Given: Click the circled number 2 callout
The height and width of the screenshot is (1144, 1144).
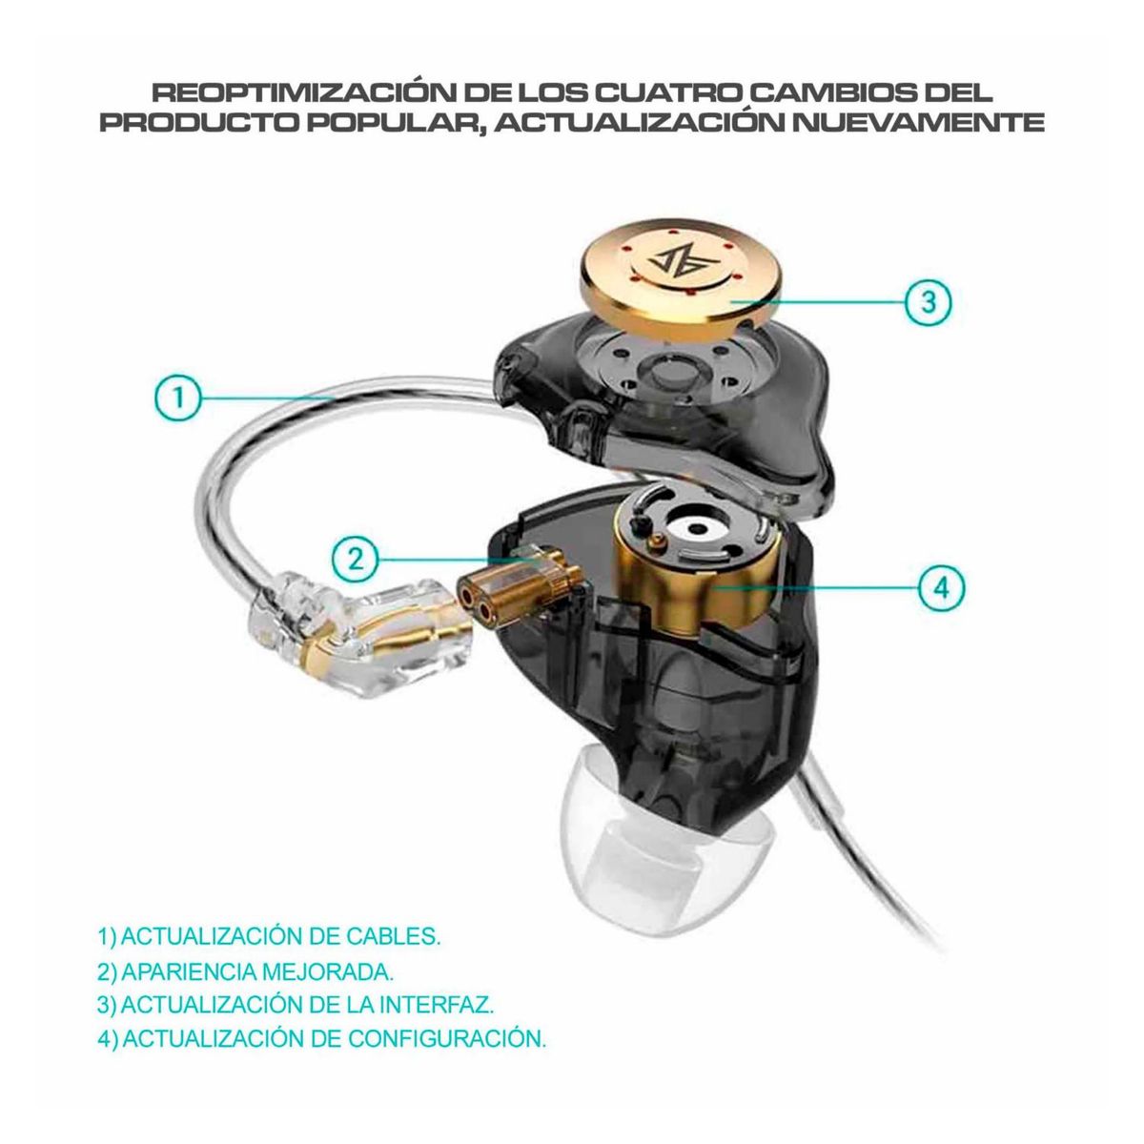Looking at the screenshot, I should click(357, 558).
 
